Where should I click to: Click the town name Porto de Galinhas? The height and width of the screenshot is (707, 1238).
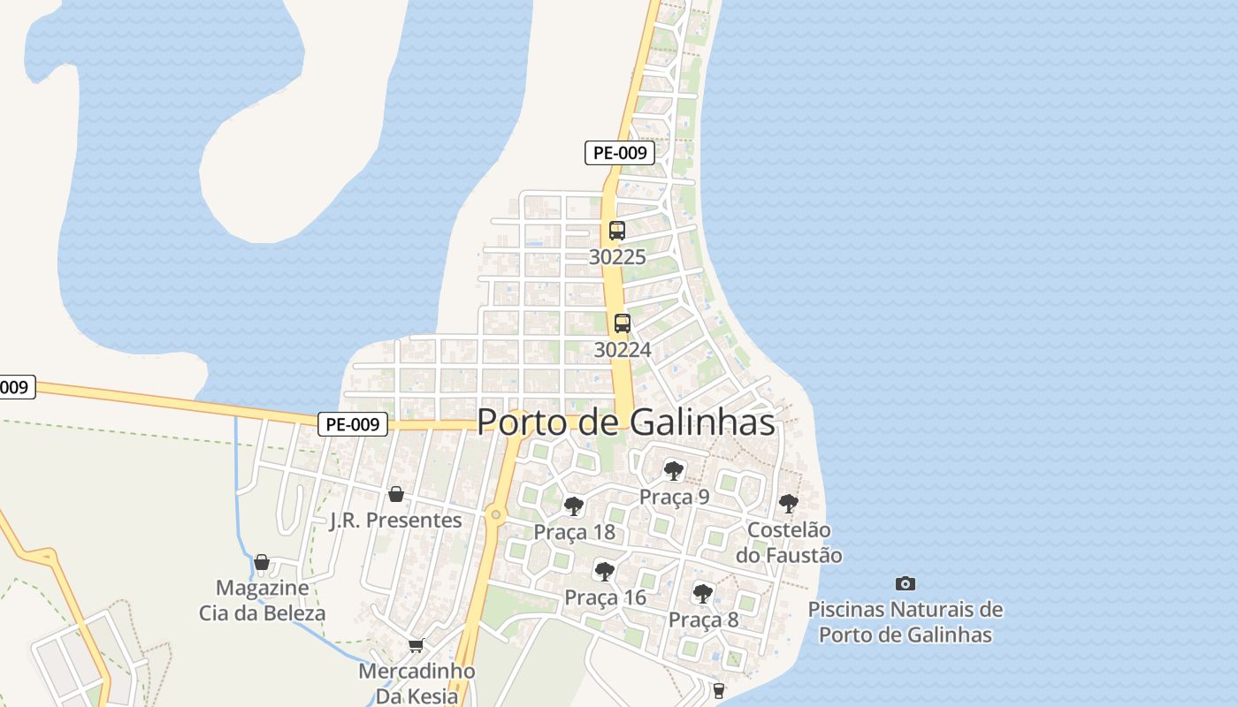click(626, 422)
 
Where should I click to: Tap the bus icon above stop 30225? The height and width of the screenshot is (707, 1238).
click(617, 231)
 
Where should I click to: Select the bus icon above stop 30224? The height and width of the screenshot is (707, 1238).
click(623, 323)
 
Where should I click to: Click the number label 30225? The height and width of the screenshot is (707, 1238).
click(617, 257)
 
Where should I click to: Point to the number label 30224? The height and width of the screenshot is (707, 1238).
click(623, 350)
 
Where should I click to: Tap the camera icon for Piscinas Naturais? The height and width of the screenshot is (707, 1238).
click(906, 583)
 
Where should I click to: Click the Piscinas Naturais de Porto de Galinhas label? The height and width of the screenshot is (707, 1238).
click(906, 622)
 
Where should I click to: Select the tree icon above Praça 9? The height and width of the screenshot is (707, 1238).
click(674, 470)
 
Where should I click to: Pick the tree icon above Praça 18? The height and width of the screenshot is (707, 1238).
click(574, 506)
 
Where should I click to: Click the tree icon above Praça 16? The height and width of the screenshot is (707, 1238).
click(605, 571)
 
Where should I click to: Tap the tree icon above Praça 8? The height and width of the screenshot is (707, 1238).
click(703, 593)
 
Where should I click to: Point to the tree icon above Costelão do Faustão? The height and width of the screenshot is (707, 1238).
click(789, 504)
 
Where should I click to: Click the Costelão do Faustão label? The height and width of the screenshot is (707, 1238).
click(789, 543)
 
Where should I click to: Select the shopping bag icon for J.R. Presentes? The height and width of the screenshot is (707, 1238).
click(396, 494)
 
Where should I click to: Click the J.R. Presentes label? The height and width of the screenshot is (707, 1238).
click(396, 521)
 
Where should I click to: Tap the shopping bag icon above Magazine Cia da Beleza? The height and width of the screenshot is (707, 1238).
click(262, 562)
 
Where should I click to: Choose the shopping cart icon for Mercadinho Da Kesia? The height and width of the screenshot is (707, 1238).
click(416, 645)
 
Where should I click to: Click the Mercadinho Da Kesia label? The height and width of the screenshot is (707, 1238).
click(416, 683)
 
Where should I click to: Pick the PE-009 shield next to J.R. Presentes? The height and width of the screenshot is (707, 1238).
click(353, 424)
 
